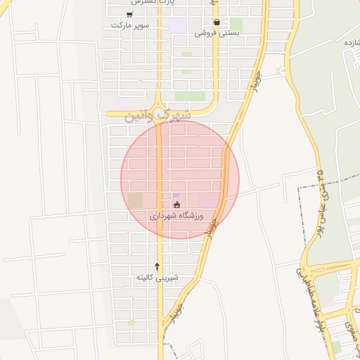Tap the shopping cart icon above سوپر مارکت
(129, 14)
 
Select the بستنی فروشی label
(217, 32)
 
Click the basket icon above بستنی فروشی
(217, 22)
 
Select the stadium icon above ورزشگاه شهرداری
(176, 205)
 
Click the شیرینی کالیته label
(157, 277)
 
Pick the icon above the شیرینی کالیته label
(157, 266)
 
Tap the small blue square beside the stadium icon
(176, 195)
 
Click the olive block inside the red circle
(134, 200)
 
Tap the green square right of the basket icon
(236, 25)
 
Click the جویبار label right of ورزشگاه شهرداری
(212, 224)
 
